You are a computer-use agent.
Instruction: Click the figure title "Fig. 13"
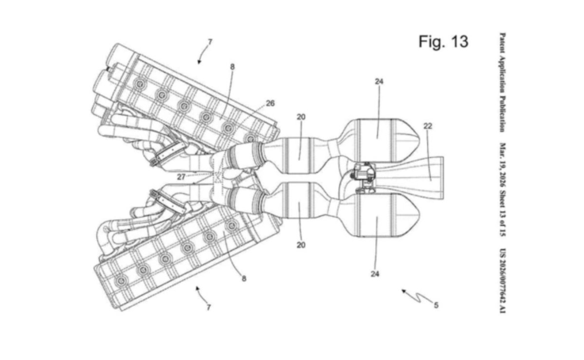click(x=443, y=41)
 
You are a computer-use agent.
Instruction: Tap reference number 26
click(x=270, y=103)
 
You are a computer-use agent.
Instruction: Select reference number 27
click(x=181, y=177)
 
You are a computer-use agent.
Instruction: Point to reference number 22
click(x=428, y=126)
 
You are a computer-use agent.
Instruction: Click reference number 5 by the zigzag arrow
click(x=436, y=305)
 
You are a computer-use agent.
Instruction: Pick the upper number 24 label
click(x=379, y=81)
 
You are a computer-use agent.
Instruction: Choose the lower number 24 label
click(x=375, y=274)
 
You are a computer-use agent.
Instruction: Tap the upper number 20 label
click(x=301, y=116)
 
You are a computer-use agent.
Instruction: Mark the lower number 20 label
click(x=301, y=245)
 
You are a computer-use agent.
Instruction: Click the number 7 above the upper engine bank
click(x=210, y=42)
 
